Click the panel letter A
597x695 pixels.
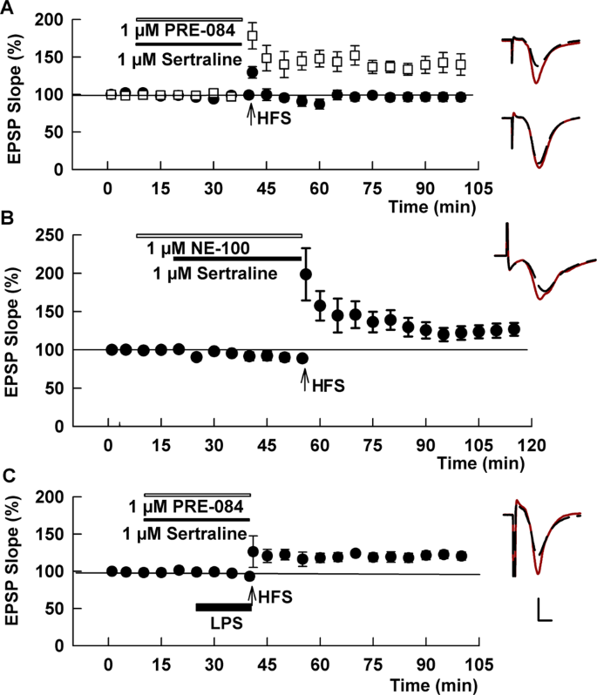pyautogui.click(x=9, y=10)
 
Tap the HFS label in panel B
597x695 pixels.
pyautogui.click(x=322, y=381)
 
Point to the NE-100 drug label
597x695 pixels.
pyautogui.click(x=200, y=249)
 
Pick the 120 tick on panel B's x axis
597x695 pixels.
pyautogui.click(x=531, y=443)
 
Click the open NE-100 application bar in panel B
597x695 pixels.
pyautogui.click(x=219, y=235)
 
